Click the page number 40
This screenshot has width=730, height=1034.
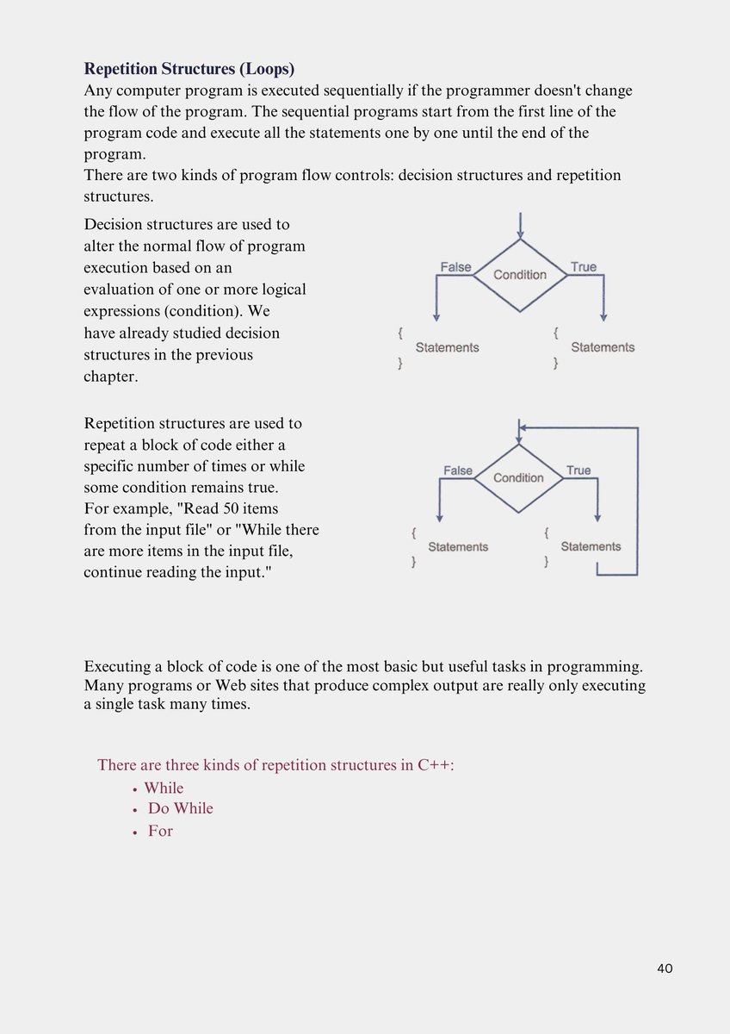[664, 968]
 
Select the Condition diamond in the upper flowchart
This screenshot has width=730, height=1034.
[520, 275]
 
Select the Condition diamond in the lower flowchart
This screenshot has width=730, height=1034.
[518, 477]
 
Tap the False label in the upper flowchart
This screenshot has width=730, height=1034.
[455, 267]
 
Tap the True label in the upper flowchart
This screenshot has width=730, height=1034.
[583, 267]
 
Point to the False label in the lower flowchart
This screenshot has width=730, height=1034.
[458, 470]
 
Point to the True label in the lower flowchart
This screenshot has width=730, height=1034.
[578, 470]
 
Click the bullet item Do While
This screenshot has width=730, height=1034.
[180, 808]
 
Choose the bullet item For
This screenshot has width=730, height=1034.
[160, 832]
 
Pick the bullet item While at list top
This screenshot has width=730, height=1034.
[164, 788]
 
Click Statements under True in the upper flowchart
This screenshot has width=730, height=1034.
[603, 347]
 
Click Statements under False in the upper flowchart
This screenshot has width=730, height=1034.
[447, 347]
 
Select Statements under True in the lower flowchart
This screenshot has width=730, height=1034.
[591, 546]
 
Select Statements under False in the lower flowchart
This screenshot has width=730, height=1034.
[458, 546]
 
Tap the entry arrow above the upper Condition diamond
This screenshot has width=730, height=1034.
[520, 226]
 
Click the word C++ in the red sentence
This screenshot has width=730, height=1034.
[434, 765]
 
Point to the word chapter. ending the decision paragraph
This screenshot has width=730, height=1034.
[111, 377]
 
